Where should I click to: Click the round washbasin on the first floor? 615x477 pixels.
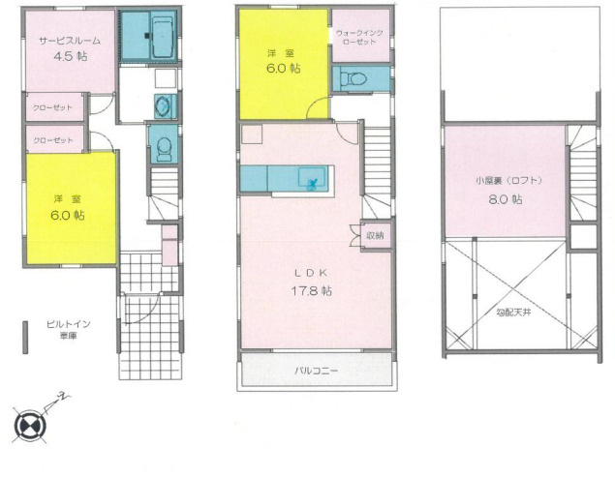tap(163, 106)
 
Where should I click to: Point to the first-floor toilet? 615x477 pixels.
tap(163, 147)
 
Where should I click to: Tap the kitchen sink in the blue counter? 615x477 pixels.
tap(313, 179)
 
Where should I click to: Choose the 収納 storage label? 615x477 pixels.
tap(375, 234)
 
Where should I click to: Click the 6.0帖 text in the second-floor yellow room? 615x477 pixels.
tap(283, 68)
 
